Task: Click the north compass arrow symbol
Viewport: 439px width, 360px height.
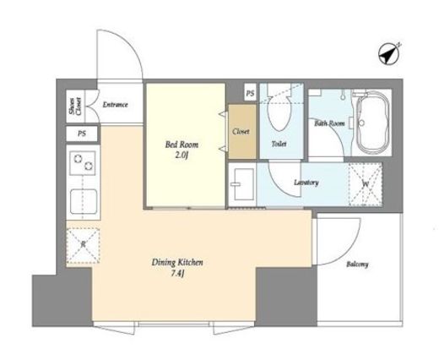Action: pos(389,54)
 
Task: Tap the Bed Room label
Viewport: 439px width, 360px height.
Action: pos(182,145)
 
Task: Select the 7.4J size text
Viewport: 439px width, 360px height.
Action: pos(177,273)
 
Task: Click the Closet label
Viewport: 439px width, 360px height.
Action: pos(241,132)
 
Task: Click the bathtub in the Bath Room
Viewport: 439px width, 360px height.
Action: pos(372,123)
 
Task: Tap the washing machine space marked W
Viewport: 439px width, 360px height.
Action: pos(366,184)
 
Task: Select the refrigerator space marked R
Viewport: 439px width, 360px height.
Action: pos(83,245)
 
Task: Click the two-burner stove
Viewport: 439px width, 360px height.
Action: pos(83,163)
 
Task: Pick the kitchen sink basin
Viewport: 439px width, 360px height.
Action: pos(84,201)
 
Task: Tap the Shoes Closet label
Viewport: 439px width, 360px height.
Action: pos(75,106)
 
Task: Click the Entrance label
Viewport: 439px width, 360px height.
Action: pos(115,105)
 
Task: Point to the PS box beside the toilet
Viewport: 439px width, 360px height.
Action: pos(250,93)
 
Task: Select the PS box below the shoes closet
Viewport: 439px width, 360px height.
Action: pos(82,134)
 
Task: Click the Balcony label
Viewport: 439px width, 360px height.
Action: pos(357,265)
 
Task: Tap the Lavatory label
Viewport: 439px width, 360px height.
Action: pos(306,183)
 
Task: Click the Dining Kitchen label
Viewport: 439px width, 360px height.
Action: pos(177,263)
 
